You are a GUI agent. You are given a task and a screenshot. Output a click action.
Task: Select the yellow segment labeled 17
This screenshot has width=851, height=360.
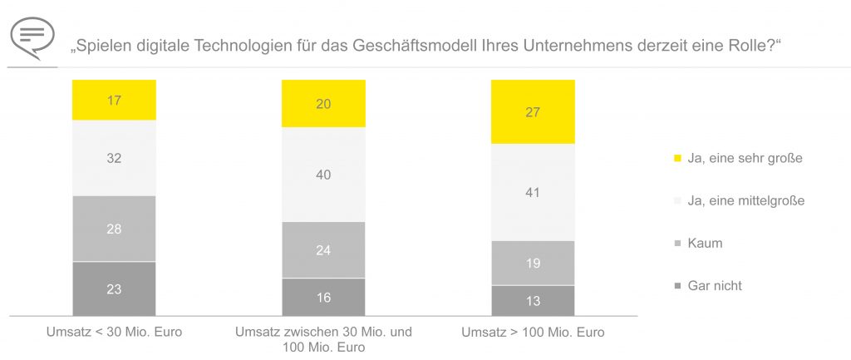pos(114,101)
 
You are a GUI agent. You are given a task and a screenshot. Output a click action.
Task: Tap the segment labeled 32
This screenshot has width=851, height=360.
pos(114,158)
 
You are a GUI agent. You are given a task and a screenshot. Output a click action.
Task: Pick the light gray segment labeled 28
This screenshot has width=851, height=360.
pos(114,229)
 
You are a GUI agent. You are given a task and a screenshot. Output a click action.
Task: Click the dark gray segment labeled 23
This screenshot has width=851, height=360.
pos(114,288)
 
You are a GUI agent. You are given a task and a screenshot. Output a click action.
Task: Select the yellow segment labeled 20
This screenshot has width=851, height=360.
pos(323,104)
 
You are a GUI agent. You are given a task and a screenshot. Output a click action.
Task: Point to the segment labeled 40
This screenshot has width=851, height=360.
pos(323,175)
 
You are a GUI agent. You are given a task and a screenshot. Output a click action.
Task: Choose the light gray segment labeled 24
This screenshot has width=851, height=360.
pos(323,249)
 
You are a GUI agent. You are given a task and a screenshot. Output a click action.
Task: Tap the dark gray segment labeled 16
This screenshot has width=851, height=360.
pos(323,297)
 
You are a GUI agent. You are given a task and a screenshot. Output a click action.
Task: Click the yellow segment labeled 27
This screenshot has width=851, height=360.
pos(533,112)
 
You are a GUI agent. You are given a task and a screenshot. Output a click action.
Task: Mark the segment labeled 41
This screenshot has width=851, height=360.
pos(533,192)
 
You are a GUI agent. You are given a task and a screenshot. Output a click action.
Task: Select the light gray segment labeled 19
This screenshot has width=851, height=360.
pos(533,263)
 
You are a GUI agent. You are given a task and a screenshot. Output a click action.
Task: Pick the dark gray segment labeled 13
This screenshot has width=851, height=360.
pos(533,300)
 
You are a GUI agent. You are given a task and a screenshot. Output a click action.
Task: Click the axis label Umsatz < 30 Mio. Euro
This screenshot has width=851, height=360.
pos(114,333)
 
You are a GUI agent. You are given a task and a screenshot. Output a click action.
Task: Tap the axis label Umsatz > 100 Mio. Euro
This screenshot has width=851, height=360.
pos(534,333)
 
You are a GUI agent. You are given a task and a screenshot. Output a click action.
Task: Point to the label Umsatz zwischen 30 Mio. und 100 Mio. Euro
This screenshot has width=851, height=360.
pos(323,340)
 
